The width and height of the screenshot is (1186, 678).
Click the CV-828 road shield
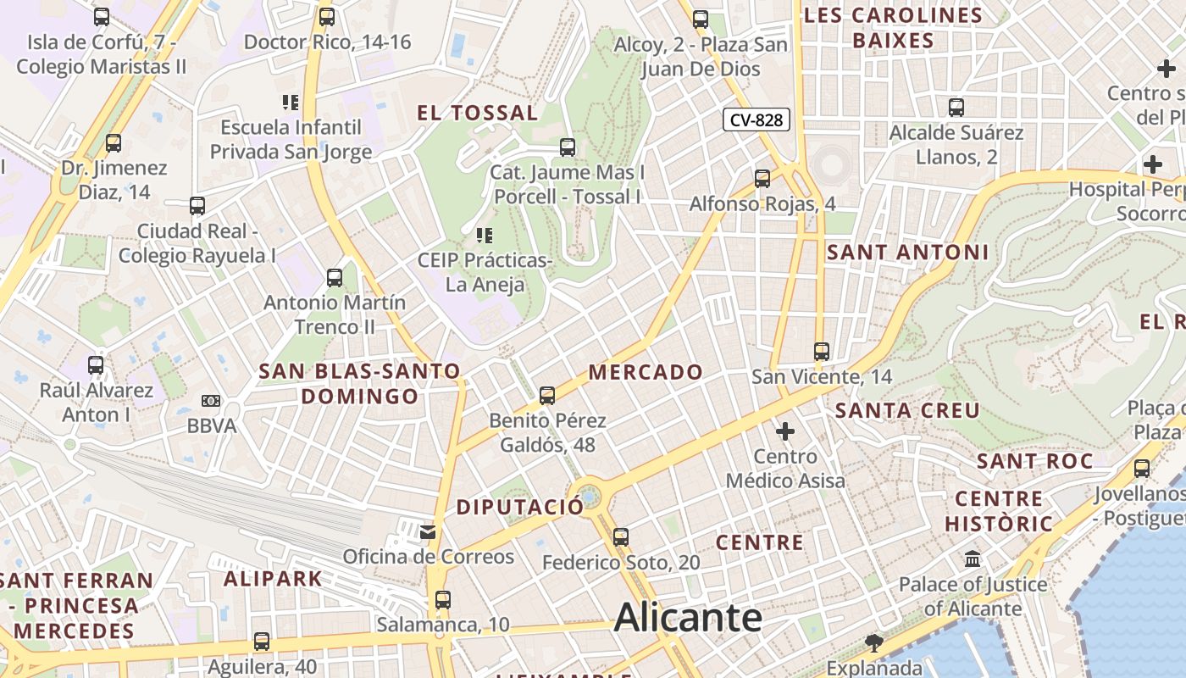point(756,120)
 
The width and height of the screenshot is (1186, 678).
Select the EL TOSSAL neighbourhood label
point(478,113)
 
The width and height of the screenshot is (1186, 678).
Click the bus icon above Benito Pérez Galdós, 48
point(547,395)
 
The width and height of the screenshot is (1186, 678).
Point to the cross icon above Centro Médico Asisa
point(785,431)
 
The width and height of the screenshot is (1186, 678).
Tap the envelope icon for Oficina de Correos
point(428,532)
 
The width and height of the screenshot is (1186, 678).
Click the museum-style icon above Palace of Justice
point(973,559)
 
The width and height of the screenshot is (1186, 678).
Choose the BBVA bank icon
point(211,401)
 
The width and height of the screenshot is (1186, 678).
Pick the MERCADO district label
point(646,372)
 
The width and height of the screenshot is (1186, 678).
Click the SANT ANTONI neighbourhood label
point(907,252)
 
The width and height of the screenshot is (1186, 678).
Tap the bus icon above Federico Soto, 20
point(621,536)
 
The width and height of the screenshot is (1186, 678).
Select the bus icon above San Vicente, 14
point(821,351)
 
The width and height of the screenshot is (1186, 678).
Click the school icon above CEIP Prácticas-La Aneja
point(485,235)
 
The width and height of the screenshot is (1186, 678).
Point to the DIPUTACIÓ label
point(520,507)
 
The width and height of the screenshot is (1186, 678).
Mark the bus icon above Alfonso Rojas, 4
point(762,178)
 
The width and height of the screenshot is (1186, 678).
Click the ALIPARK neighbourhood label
point(273,580)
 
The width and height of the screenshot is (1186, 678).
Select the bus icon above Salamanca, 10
point(442,600)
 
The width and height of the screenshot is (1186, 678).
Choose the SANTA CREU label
point(907,410)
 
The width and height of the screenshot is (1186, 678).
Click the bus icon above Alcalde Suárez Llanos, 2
point(956,108)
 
